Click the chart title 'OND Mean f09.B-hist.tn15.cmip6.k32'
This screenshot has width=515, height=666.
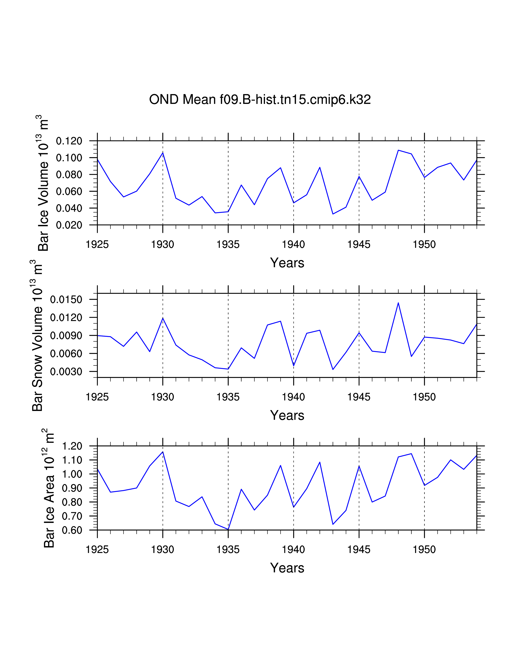[260, 100]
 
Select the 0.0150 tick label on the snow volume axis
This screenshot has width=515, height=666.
[66, 299]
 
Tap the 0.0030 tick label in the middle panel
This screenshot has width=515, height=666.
[66, 372]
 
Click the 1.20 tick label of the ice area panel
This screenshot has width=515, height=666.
[72, 446]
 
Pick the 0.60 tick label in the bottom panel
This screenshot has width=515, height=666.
[72, 530]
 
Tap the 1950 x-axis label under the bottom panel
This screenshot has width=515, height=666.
[424, 550]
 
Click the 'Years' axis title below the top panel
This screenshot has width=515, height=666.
[287, 263]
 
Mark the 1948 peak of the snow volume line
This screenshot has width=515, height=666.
[398, 303]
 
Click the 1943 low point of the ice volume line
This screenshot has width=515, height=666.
[333, 214]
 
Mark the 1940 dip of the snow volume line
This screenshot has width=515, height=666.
[293, 366]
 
